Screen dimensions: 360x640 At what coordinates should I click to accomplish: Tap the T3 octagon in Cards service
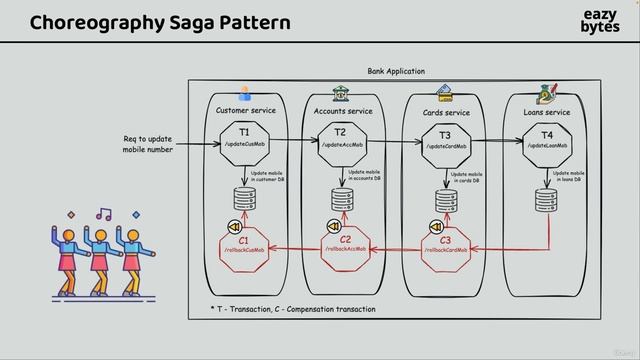pyautogui.click(x=445, y=141)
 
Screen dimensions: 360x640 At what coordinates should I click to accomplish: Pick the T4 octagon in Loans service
pyautogui.click(x=547, y=141)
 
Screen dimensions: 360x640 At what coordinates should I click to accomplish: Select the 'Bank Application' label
pyautogui.click(x=396, y=72)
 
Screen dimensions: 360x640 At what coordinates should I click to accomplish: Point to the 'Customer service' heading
pyautogui.click(x=246, y=110)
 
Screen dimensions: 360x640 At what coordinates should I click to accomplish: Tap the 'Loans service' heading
pyautogui.click(x=547, y=112)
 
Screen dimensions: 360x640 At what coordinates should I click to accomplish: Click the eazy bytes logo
pyautogui.click(x=600, y=21)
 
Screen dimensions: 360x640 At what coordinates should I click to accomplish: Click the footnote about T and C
pyautogui.click(x=292, y=309)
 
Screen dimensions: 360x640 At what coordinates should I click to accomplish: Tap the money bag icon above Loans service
pyautogui.click(x=547, y=93)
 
